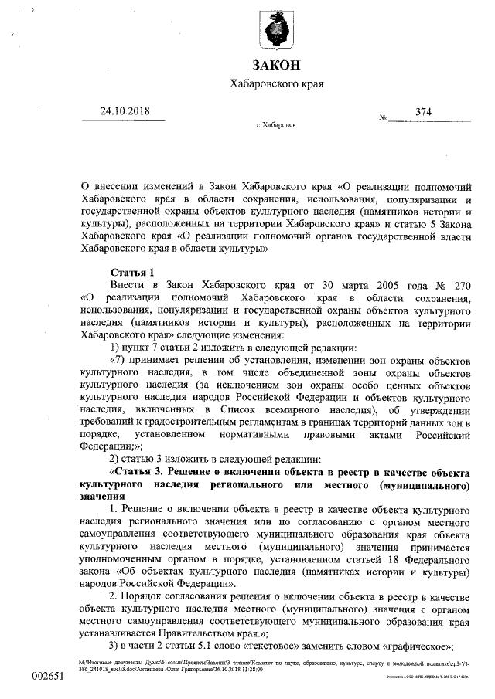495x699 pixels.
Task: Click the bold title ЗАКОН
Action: point(275,64)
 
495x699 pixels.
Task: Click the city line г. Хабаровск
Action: point(275,124)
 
